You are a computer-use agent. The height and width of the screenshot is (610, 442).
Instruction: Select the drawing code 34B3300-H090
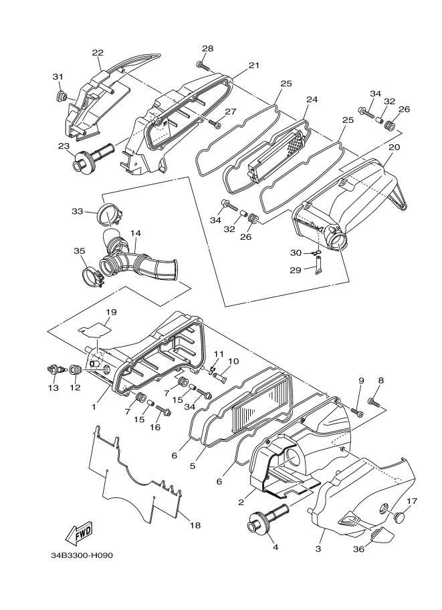pos(82,555)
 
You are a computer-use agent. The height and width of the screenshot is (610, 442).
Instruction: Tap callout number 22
pos(98,53)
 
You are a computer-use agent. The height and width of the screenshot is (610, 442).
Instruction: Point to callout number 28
pos(207,49)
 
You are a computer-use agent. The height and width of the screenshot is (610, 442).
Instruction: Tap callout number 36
pos(358,549)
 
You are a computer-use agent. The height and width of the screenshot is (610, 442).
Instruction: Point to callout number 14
pos(136,233)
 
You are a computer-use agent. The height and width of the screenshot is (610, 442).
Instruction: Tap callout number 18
pos(195,525)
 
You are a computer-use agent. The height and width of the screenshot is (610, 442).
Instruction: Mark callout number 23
pos(64,146)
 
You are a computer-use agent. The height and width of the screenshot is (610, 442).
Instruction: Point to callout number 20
pos(394,148)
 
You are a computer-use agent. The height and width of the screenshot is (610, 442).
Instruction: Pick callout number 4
pos(275,547)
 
